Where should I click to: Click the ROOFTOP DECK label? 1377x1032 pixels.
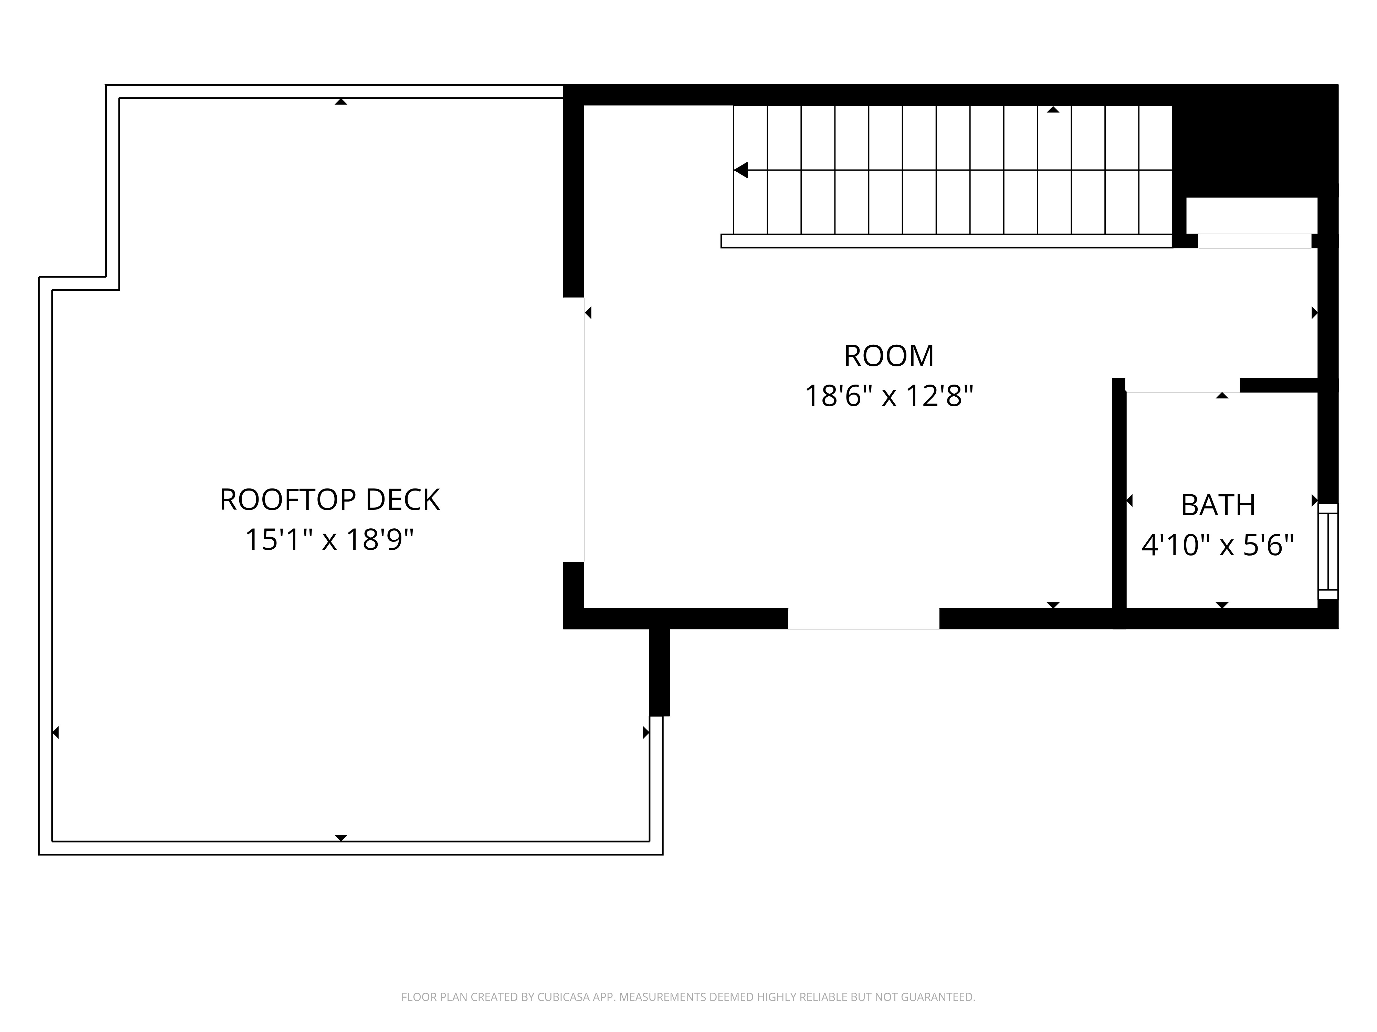click(x=329, y=499)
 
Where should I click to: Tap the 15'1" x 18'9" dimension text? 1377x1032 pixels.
click(x=329, y=539)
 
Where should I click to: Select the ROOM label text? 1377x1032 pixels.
click(x=888, y=356)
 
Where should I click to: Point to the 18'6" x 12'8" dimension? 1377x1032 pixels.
click(x=888, y=396)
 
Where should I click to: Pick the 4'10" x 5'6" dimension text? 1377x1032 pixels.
click(x=1218, y=546)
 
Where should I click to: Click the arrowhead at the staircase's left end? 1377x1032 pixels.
click(x=741, y=170)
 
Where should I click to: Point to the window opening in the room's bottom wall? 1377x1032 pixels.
click(x=863, y=618)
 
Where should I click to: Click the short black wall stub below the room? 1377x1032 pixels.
click(x=659, y=672)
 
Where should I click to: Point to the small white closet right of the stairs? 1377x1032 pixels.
click(x=1251, y=215)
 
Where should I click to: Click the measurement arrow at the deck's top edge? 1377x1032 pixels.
click(x=340, y=101)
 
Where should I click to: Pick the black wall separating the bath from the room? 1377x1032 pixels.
click(x=1119, y=498)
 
